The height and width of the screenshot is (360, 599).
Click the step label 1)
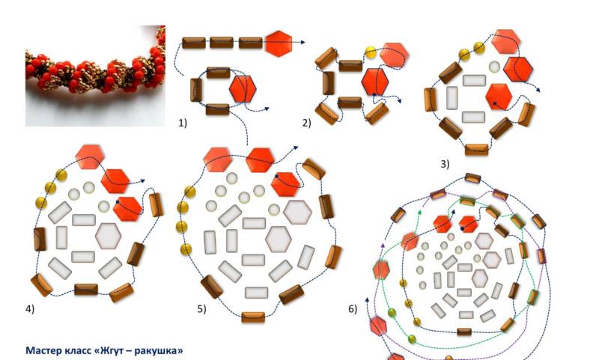click(x=183, y=123)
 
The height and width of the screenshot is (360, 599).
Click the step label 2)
click(x=307, y=123)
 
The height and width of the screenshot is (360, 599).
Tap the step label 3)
click(x=445, y=164)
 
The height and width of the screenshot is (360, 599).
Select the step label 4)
click(x=30, y=309)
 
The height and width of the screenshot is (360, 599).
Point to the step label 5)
click(x=201, y=309)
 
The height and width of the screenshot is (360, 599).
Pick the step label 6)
click(x=353, y=309)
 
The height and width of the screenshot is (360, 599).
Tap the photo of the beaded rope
click(x=95, y=76)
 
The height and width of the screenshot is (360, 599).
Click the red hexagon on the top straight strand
click(x=279, y=43)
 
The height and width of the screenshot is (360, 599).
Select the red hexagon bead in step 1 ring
click(x=243, y=88)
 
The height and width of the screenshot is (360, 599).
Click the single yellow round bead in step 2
click(x=371, y=52)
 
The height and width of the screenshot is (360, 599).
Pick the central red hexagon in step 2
click(x=375, y=82)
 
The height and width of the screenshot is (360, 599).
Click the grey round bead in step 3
click(x=494, y=67)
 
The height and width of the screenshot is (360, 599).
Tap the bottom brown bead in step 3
click(x=477, y=149)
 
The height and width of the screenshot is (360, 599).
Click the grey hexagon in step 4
click(x=108, y=236)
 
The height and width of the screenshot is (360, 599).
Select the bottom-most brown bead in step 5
click(x=253, y=317)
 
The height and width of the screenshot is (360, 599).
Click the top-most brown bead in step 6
click(x=473, y=178)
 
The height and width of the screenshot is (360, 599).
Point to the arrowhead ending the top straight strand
click(x=302, y=43)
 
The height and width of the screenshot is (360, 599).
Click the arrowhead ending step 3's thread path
click(x=538, y=90)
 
